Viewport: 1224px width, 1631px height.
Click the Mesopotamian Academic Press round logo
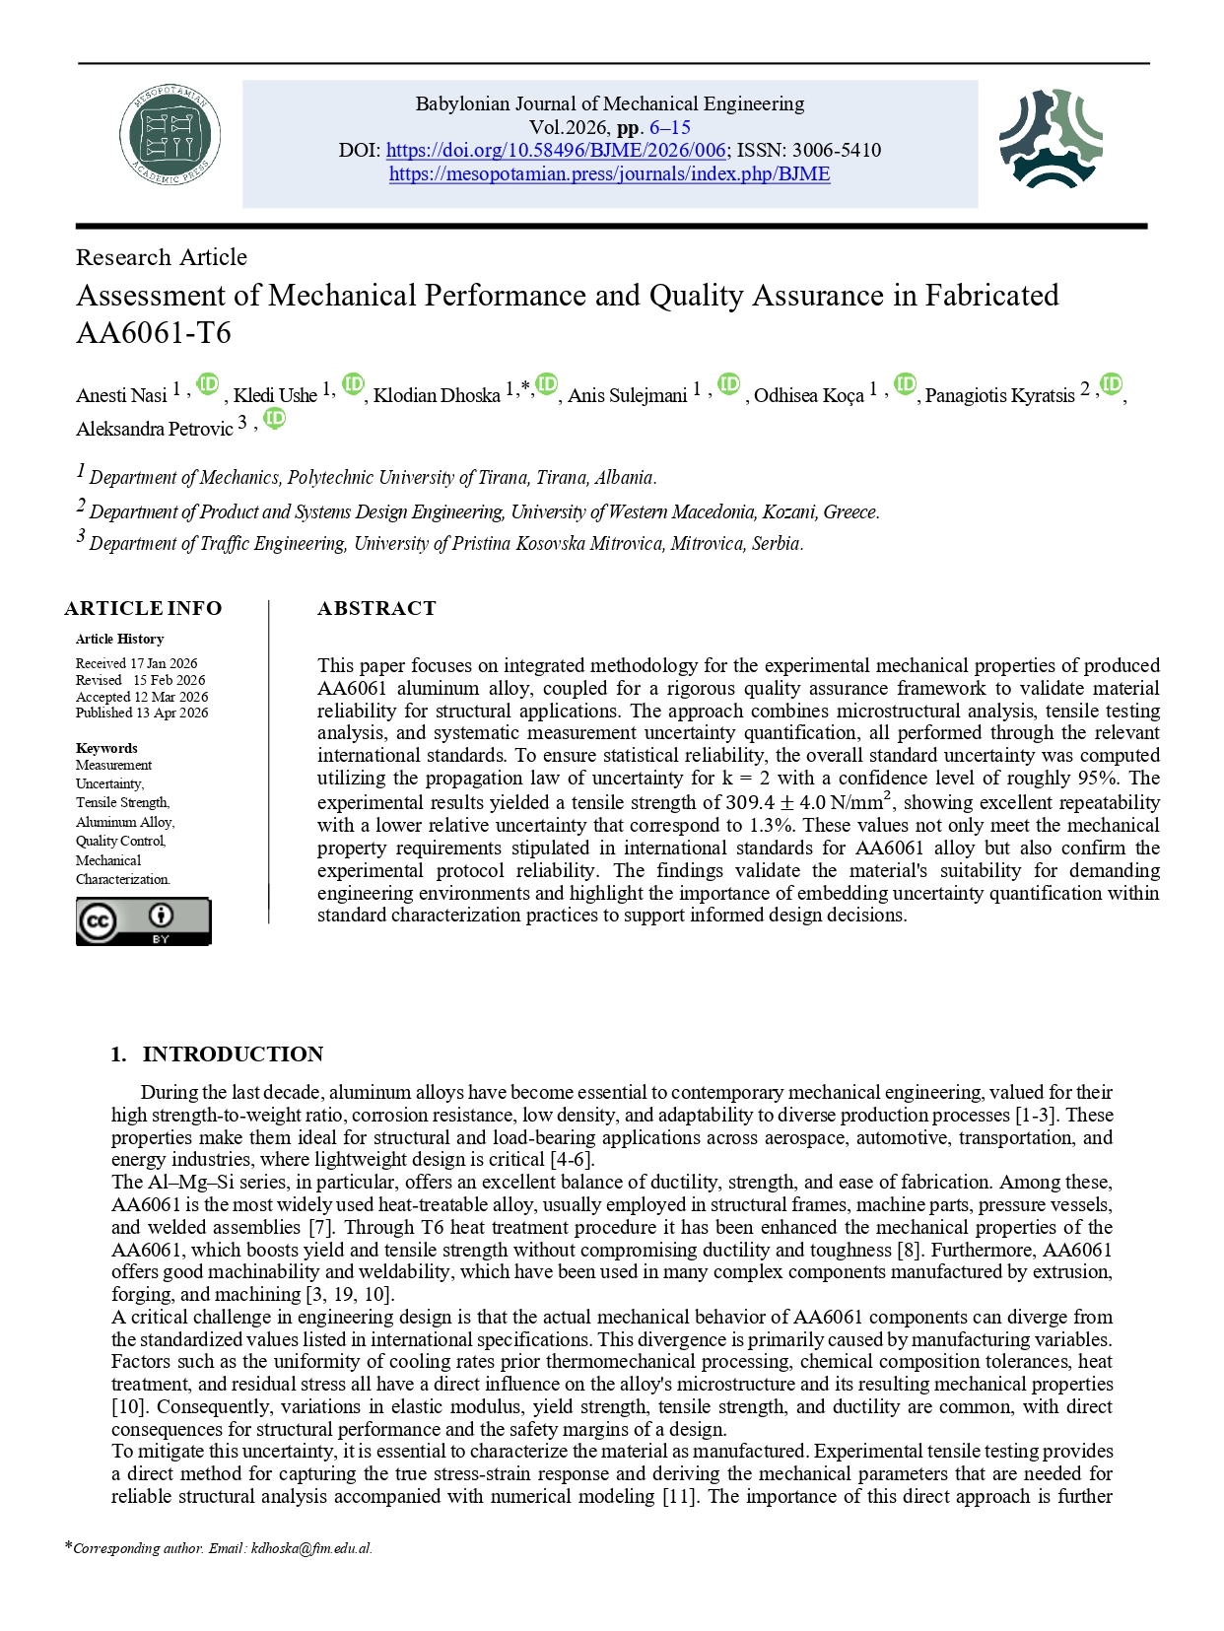(x=170, y=135)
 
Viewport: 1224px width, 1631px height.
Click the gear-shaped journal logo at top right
(x=1051, y=139)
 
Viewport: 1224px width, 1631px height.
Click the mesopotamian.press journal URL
(x=609, y=174)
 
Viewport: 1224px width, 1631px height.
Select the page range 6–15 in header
(x=669, y=127)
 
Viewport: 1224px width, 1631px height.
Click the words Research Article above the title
(x=162, y=257)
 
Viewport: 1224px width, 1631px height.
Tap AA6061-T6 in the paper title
(x=154, y=333)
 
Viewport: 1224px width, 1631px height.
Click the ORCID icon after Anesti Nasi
(x=207, y=384)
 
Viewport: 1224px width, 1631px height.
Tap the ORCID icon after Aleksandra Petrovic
(x=275, y=418)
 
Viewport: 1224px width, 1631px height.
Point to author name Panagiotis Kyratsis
(x=999, y=395)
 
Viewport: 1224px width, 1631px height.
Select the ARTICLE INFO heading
(x=144, y=608)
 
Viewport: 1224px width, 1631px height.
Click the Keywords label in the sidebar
(x=106, y=748)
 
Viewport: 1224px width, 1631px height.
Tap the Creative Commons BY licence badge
(x=144, y=921)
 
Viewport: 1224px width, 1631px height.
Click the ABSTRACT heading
(x=376, y=608)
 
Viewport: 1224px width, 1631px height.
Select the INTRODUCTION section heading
(x=233, y=1053)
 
